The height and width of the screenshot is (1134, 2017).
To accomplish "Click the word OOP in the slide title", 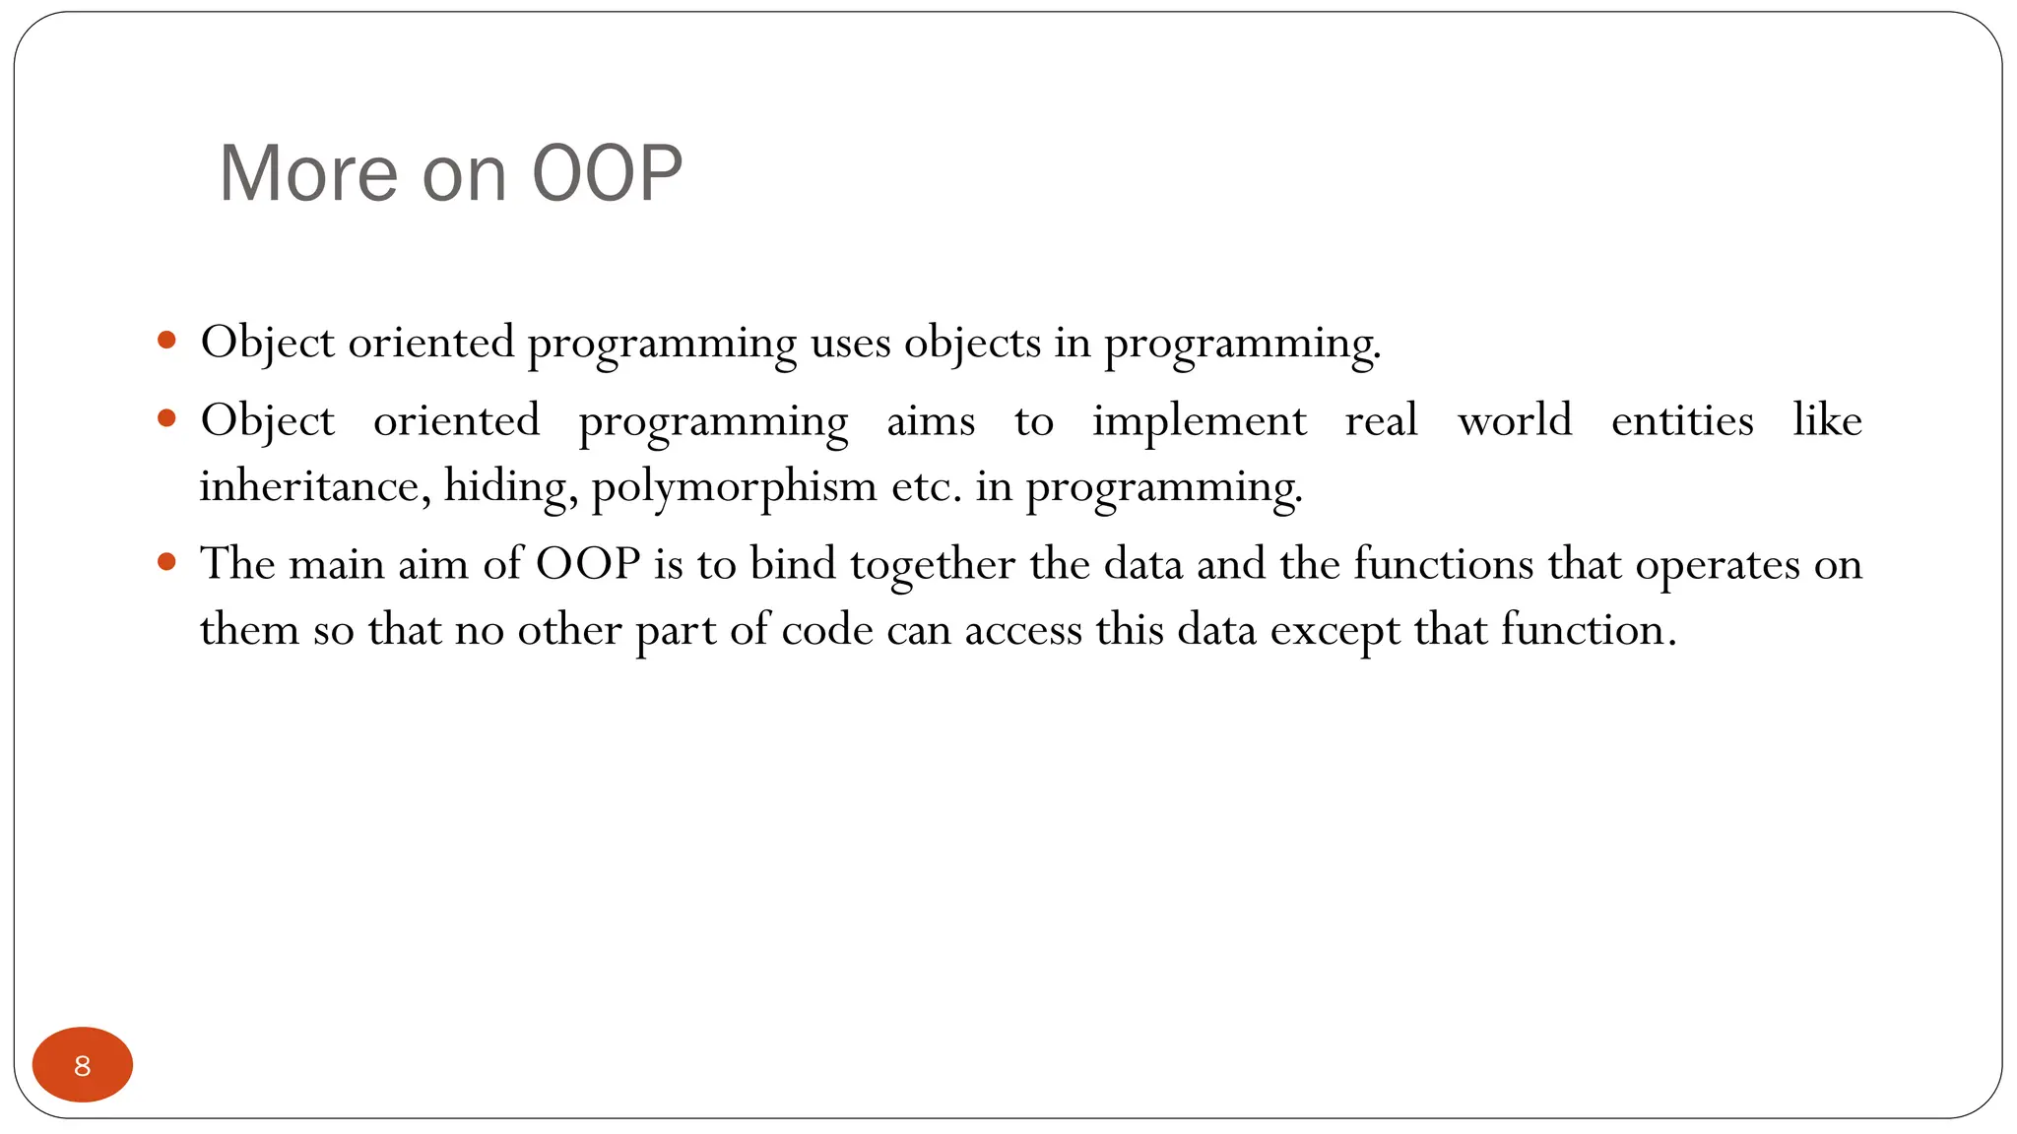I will [x=607, y=173].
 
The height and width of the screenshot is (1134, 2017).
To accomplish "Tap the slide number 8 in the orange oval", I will [x=83, y=1065].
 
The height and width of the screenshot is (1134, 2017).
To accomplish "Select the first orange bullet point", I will [x=166, y=342].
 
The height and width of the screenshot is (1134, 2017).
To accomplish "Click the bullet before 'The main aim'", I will [x=166, y=563].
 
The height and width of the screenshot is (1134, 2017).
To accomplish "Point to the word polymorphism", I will [x=734, y=487].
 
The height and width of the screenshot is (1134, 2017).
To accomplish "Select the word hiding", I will [x=510, y=485].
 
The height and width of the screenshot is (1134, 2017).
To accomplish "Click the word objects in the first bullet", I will [x=972, y=344].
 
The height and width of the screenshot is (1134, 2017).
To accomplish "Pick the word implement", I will [x=1200, y=422].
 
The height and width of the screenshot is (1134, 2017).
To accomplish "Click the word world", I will [x=1515, y=421].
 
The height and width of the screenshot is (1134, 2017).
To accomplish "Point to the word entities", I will [x=1682, y=421].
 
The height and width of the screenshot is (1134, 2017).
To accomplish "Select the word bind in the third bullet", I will [x=793, y=564].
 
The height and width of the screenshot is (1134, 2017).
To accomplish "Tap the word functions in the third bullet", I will [x=1444, y=564].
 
